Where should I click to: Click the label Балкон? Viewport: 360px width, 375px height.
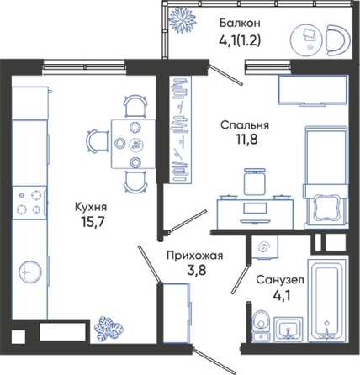(x=240, y=23)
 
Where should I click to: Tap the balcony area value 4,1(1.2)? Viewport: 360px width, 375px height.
(x=240, y=41)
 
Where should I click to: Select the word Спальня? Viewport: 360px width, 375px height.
(x=245, y=125)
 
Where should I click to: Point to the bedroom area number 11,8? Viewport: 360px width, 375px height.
(x=245, y=140)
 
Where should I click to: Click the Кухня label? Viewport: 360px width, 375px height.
(x=91, y=208)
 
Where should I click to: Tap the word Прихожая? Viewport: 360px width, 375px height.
(x=195, y=256)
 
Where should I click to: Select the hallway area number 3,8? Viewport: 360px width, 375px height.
(x=197, y=271)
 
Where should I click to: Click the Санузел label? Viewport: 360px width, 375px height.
(x=280, y=280)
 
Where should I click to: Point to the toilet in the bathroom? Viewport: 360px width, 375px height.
(x=261, y=326)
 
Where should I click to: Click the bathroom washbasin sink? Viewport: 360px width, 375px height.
(x=288, y=329)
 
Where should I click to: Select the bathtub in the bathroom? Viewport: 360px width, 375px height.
(x=327, y=300)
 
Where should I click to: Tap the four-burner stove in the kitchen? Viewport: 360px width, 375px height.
(x=29, y=202)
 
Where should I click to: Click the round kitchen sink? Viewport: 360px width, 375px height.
(x=30, y=272)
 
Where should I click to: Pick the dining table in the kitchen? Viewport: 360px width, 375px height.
(x=134, y=144)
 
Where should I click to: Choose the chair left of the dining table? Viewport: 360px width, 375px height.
(x=98, y=141)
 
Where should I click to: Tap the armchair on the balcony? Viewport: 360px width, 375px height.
(x=338, y=40)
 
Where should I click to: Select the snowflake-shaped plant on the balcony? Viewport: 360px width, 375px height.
(x=183, y=20)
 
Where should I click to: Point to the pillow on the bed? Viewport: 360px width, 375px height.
(x=326, y=209)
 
